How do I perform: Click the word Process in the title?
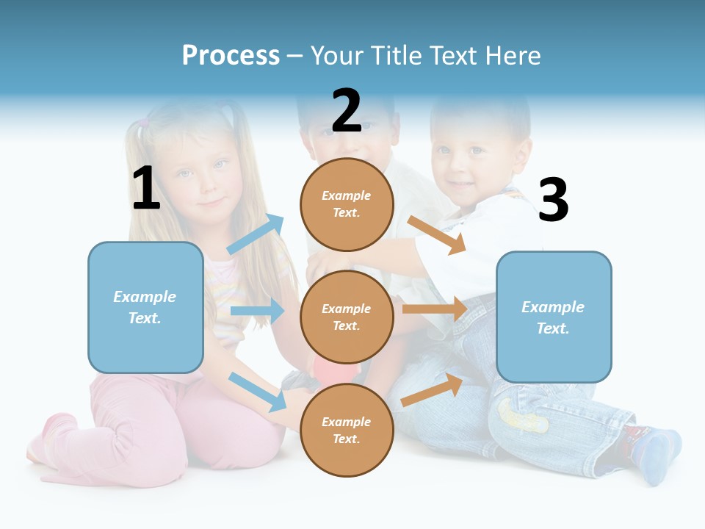click(231, 56)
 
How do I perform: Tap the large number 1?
click(146, 189)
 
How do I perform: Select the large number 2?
click(347, 111)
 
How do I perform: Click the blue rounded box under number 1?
click(145, 307)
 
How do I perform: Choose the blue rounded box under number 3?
click(554, 317)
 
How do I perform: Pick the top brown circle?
click(347, 204)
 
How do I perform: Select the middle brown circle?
click(347, 317)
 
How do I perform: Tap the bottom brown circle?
click(347, 430)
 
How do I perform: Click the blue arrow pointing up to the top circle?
click(256, 234)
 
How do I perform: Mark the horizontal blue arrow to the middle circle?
click(257, 311)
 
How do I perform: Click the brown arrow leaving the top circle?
click(437, 234)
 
